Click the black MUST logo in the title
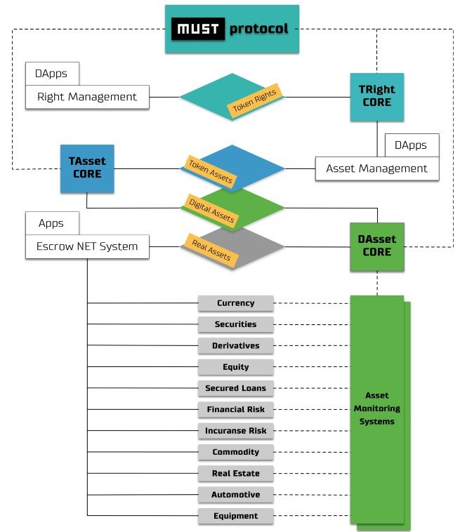click(x=199, y=30)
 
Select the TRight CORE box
click(x=377, y=97)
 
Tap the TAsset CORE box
click(x=87, y=167)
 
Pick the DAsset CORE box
click(x=377, y=246)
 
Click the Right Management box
click(x=87, y=97)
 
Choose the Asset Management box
click(x=377, y=168)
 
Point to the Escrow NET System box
click(x=87, y=246)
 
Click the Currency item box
click(x=236, y=303)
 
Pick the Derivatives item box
click(x=236, y=346)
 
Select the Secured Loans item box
click(x=236, y=388)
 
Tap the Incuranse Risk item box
click(x=236, y=431)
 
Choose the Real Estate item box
click(x=236, y=474)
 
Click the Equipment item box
click(x=236, y=516)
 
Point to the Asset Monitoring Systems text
click(x=377, y=408)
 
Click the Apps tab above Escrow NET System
click(x=52, y=223)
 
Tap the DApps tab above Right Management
click(x=52, y=73)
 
